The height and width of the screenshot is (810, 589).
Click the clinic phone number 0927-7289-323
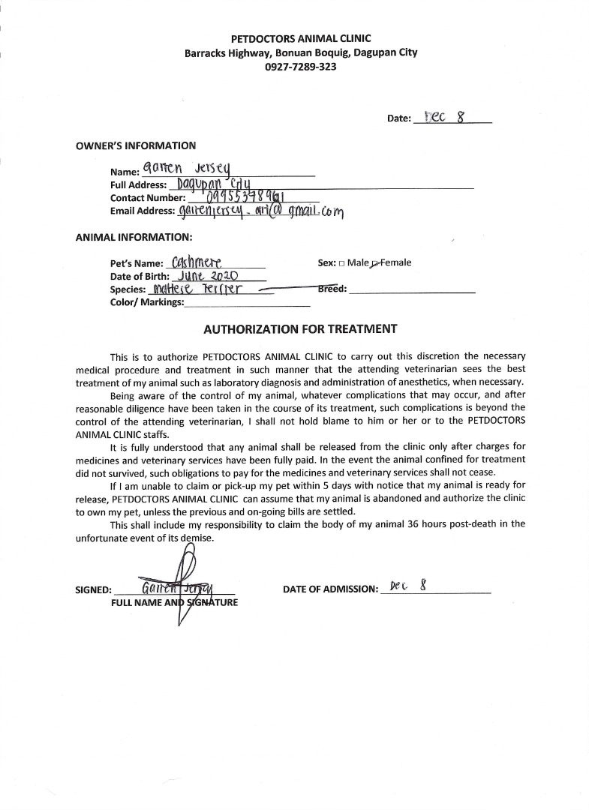(300, 66)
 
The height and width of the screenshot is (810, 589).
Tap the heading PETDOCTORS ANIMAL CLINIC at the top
(300, 38)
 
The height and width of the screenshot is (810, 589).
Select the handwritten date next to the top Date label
(446, 117)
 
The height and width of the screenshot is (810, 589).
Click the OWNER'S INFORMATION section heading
(136, 145)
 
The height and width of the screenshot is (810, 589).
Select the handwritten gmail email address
(260, 211)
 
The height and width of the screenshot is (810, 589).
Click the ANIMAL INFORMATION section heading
(134, 238)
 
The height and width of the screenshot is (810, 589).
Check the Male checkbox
(341, 263)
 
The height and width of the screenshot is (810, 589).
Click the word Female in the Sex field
(396, 262)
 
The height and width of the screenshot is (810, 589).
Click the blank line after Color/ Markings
(247, 303)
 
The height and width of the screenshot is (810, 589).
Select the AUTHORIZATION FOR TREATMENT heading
(300, 328)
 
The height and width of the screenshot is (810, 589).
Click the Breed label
(332, 289)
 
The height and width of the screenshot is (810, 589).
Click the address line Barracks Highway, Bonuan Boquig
(300, 52)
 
